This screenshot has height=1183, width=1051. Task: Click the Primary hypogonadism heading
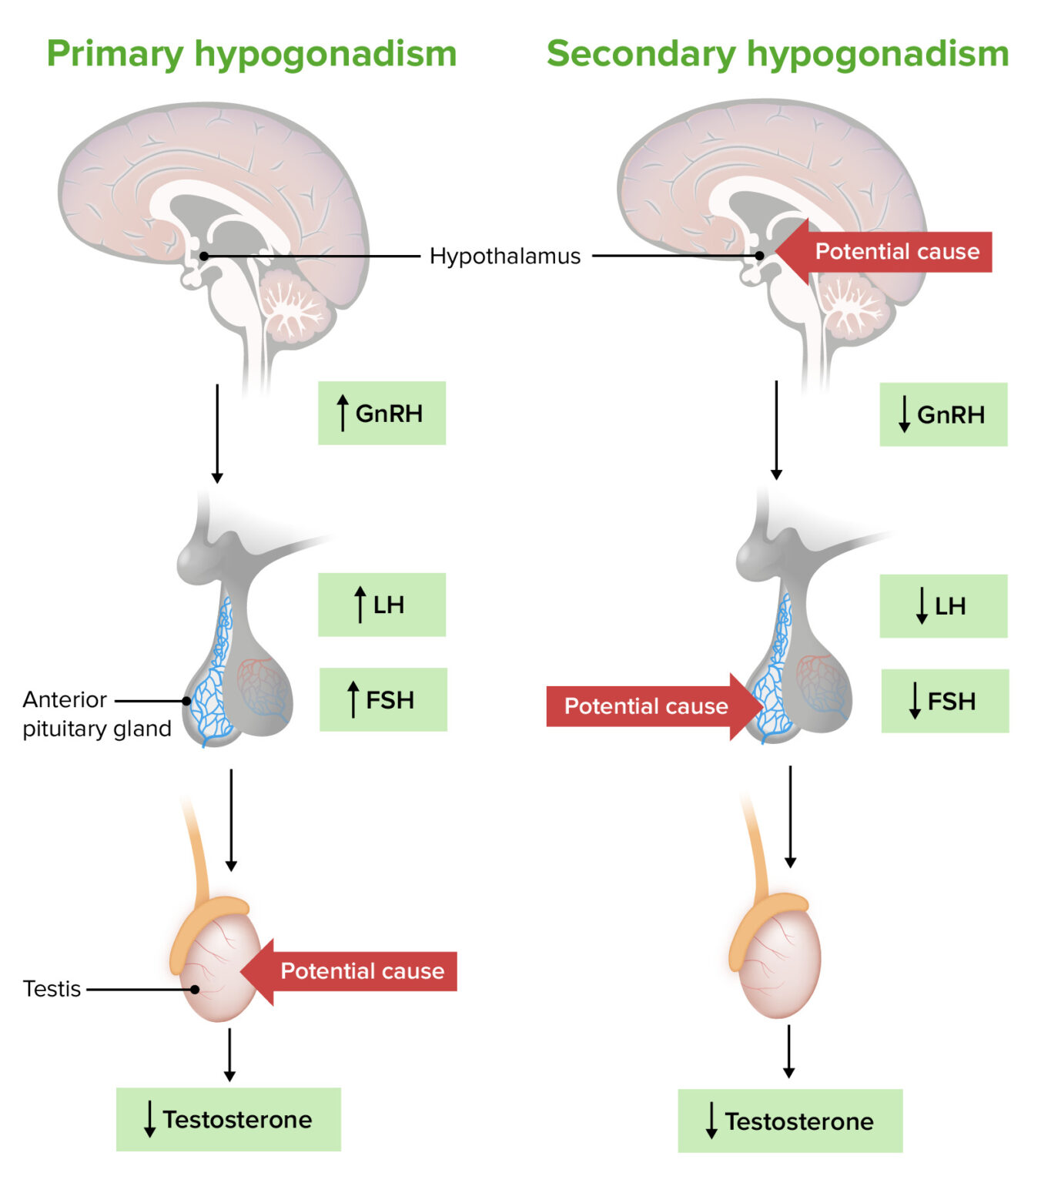pyautogui.click(x=251, y=54)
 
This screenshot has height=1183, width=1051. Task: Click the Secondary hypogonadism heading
pyautogui.click(x=778, y=54)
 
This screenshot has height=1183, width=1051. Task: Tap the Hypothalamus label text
pyautogui.click(x=504, y=256)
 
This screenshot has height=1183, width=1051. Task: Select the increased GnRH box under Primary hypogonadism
pyautogui.click(x=382, y=413)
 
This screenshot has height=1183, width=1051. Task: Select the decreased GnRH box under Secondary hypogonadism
pyautogui.click(x=943, y=414)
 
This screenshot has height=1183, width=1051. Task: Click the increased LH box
pyautogui.click(x=382, y=605)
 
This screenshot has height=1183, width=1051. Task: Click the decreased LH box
pyautogui.click(x=943, y=606)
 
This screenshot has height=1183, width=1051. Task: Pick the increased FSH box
pyautogui.click(x=383, y=699)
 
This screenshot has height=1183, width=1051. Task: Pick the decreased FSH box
pyautogui.click(x=945, y=701)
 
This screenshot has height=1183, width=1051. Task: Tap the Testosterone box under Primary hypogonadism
pyautogui.click(x=229, y=1119)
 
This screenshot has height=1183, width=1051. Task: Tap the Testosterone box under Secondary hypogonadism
pyautogui.click(x=790, y=1121)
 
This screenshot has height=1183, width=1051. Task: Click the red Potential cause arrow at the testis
pyautogui.click(x=350, y=971)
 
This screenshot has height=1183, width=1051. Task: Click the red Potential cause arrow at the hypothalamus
pyautogui.click(x=885, y=252)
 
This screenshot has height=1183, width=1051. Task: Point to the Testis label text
pyautogui.click(x=52, y=988)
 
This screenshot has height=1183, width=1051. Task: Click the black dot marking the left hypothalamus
pyautogui.click(x=204, y=256)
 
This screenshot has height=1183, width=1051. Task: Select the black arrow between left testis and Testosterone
pyautogui.click(x=229, y=1054)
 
